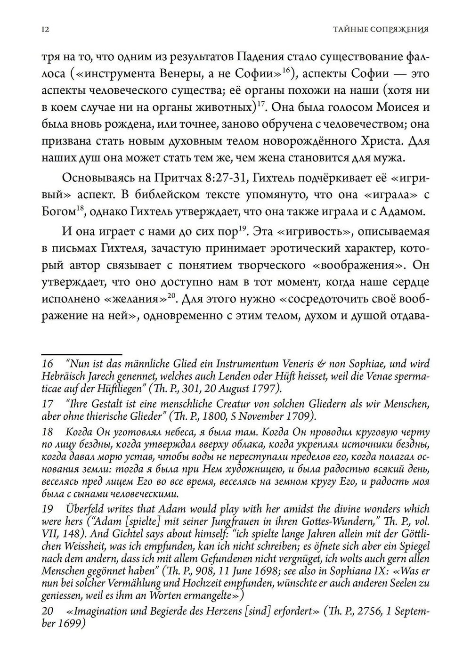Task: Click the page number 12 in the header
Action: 46,30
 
